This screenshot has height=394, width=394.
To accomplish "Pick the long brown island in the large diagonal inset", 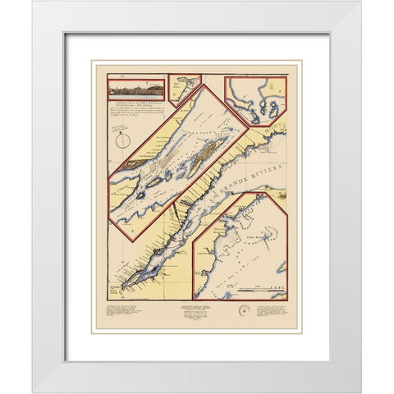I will point(212,147).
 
